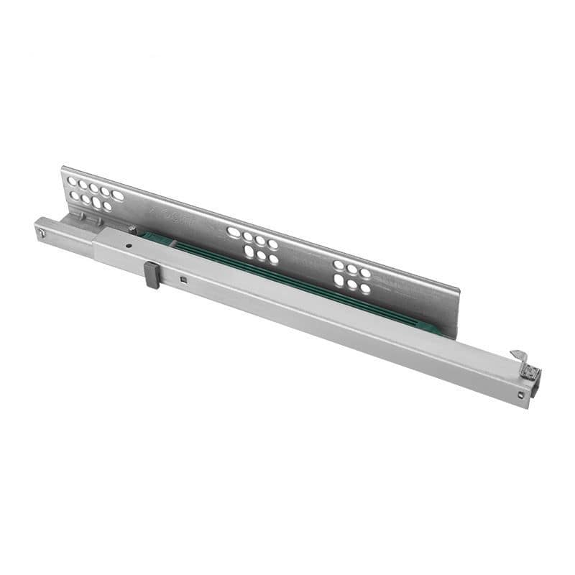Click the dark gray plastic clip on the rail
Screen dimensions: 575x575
(152, 275)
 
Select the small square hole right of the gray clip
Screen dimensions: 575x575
(184, 280)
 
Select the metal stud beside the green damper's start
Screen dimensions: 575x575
(133, 230)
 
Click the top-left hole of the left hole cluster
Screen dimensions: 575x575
(72, 182)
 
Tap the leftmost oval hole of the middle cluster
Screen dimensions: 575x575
(234, 232)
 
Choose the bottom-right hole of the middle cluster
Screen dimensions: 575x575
(274, 259)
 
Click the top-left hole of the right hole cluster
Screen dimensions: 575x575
(339, 264)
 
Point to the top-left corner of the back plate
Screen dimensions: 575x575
(63, 167)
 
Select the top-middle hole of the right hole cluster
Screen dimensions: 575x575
(352, 269)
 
